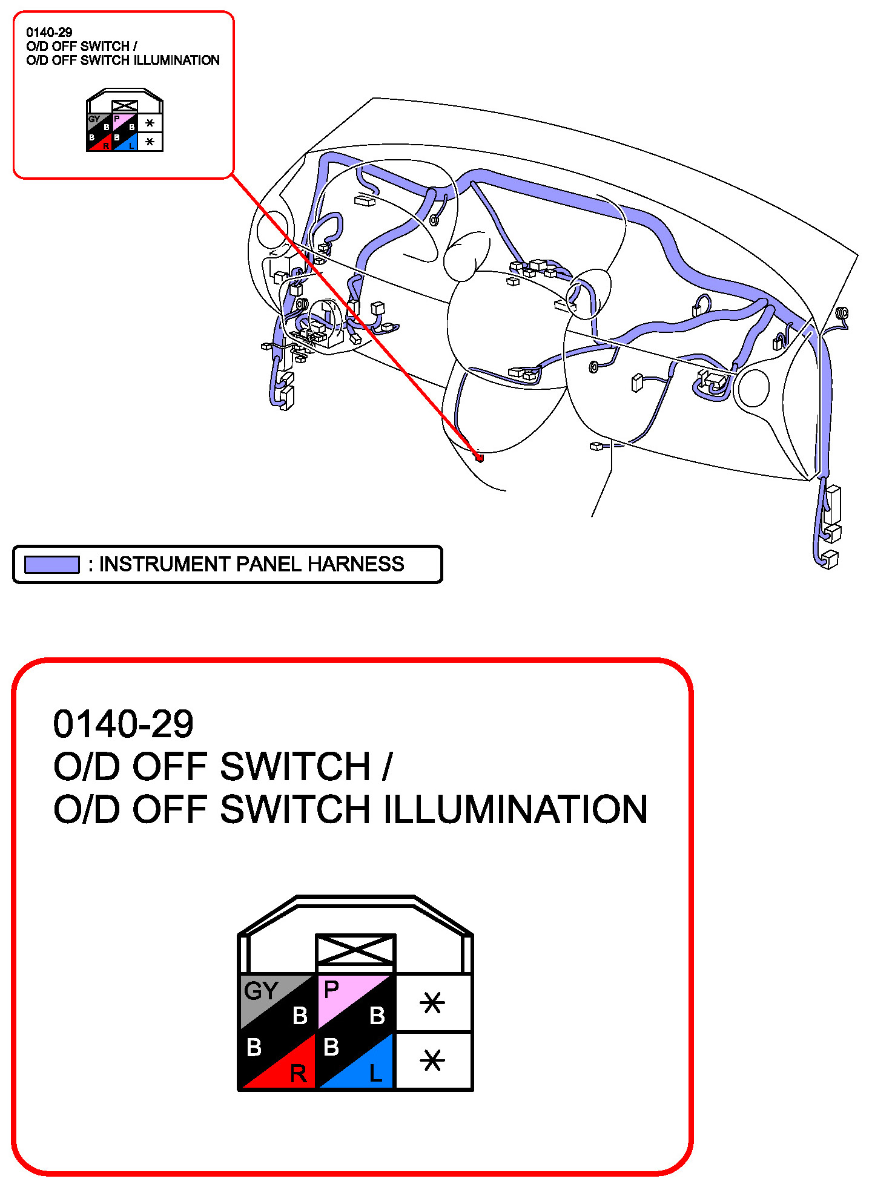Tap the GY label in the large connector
(x=260, y=991)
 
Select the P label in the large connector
(x=331, y=990)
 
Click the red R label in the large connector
(x=299, y=1074)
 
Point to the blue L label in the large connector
(x=376, y=1074)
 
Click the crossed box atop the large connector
(x=355, y=950)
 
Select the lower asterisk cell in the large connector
(x=432, y=1061)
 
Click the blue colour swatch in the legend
(x=52, y=565)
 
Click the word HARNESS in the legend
(x=355, y=564)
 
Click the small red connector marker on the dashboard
(x=480, y=458)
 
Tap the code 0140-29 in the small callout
(x=49, y=33)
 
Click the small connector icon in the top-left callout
(x=125, y=121)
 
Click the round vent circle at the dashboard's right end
(x=754, y=388)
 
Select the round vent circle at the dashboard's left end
(x=272, y=230)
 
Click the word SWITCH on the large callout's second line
(x=295, y=767)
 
